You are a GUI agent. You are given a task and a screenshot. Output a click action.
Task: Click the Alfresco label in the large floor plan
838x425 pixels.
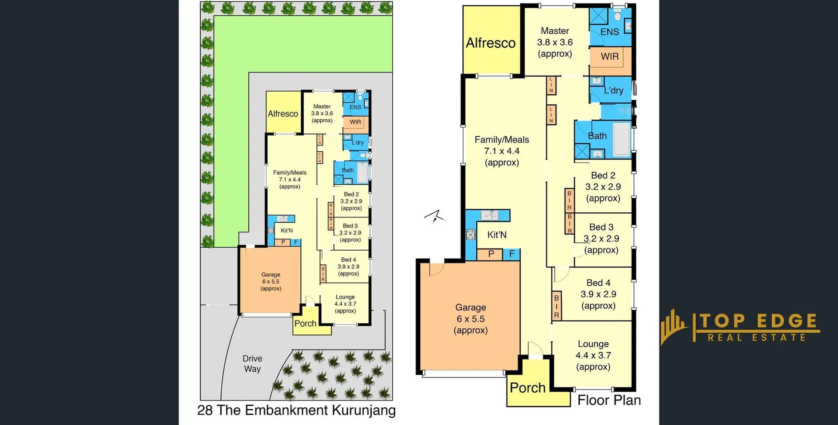[491, 43]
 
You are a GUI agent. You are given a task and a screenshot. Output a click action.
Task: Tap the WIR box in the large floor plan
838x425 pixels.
[610, 56]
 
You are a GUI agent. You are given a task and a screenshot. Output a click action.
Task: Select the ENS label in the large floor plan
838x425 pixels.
[610, 32]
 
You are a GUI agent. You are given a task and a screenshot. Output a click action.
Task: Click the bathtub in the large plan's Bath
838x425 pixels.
[622, 139]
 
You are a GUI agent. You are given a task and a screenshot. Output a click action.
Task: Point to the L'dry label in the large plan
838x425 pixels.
[613, 90]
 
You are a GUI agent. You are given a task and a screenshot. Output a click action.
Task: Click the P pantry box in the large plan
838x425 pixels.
[491, 254]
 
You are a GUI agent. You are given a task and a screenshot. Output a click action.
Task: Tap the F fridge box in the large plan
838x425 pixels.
[512, 254]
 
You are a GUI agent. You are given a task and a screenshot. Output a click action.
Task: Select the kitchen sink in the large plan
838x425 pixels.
[490, 215]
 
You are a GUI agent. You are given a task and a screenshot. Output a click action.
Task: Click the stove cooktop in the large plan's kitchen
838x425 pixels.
[470, 235]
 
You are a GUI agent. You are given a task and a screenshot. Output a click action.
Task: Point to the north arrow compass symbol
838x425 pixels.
[435, 216]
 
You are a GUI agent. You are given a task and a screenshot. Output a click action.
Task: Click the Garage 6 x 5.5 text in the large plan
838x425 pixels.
[471, 319]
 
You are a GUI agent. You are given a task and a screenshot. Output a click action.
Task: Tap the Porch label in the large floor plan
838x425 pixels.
[527, 388]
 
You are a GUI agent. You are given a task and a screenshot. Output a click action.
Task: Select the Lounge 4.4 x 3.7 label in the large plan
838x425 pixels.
[593, 355]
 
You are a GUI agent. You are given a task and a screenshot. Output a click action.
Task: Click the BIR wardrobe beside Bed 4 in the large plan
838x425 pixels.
[556, 306]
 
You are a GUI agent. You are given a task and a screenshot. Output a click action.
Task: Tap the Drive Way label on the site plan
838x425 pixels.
[252, 363]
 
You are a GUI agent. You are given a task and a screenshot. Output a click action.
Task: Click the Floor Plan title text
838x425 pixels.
[609, 400]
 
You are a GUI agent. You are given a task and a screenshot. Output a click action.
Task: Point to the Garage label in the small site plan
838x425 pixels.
[271, 275]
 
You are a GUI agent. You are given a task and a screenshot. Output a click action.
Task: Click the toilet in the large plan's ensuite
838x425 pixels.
[617, 17]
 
